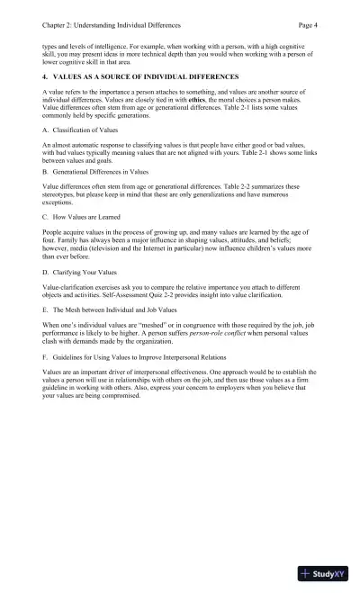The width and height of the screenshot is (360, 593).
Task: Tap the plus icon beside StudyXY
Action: [x=307, y=572]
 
